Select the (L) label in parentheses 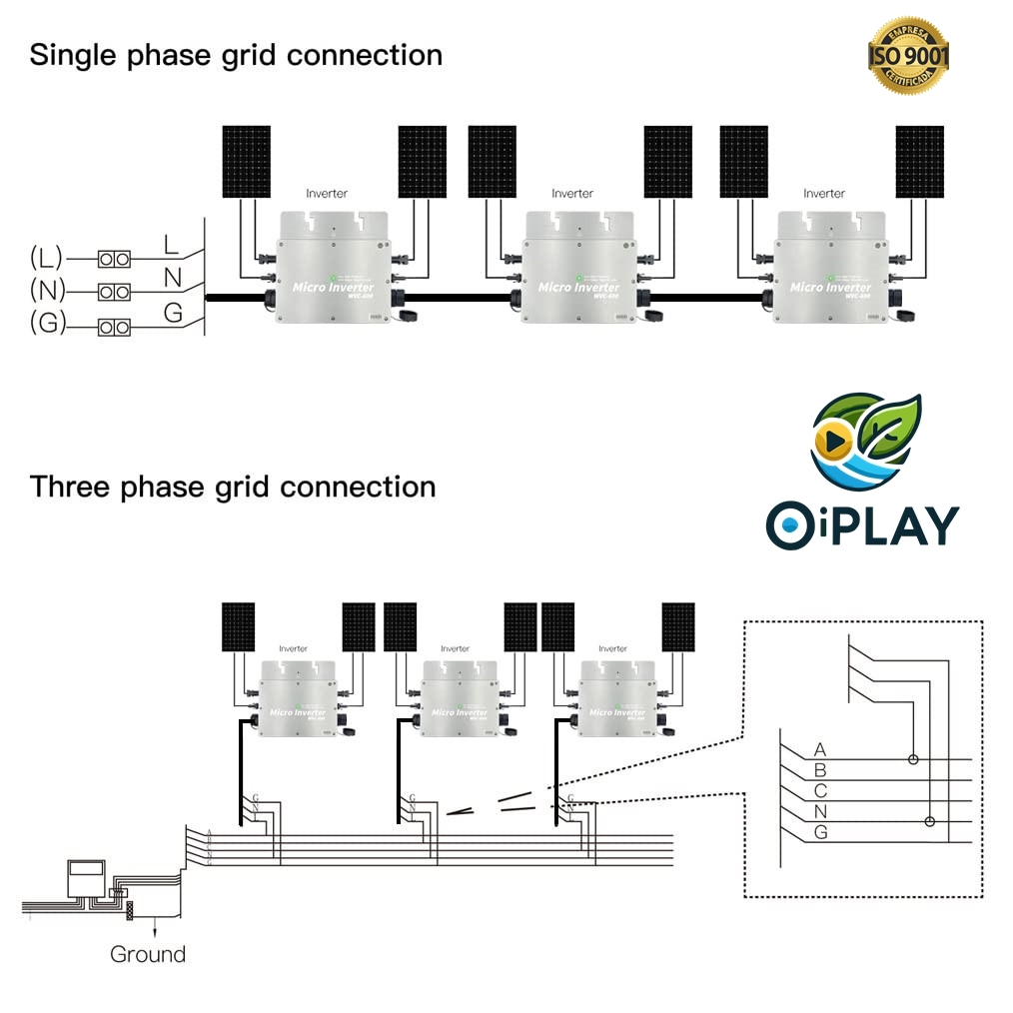point(47,259)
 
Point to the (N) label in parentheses point(47,292)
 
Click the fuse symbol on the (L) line point(114,259)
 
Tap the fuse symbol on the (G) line point(114,327)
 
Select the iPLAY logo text point(862,524)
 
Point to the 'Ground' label point(148,954)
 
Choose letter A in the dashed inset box point(820,749)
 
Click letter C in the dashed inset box point(820,791)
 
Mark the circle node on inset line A point(912,759)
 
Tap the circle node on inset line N point(930,821)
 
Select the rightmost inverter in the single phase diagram point(823,265)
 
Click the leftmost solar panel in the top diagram point(246,161)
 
